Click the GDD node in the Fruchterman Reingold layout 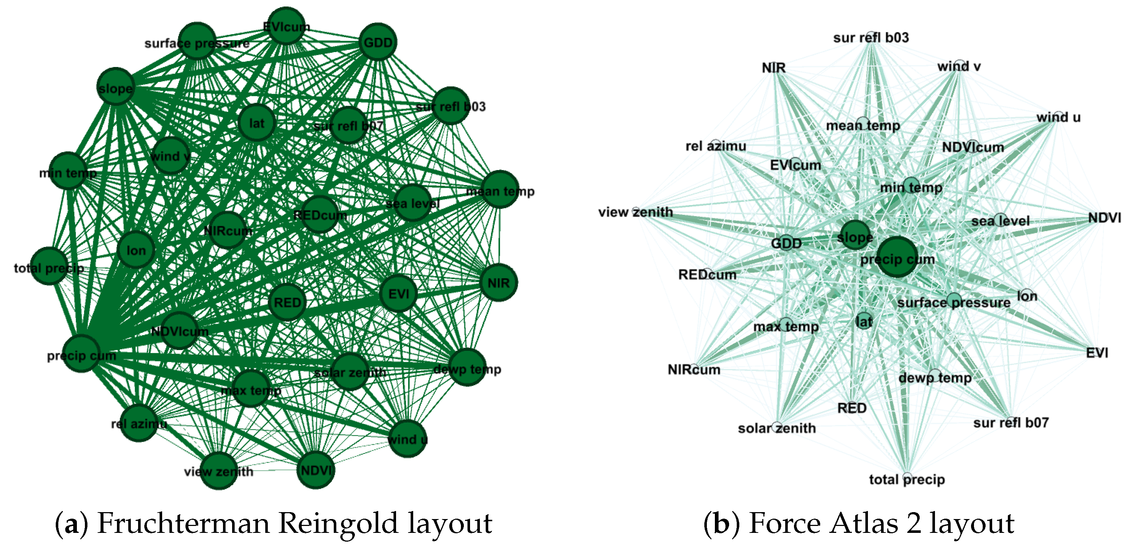tap(377, 42)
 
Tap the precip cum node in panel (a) tap(82, 354)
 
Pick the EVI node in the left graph tap(399, 294)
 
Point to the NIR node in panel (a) tap(498, 283)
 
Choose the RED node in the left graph tap(287, 302)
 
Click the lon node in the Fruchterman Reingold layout tap(136, 250)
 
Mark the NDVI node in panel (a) tap(316, 470)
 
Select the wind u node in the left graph tap(407, 439)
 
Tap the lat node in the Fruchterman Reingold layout tap(257, 123)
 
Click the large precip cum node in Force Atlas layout tap(897, 258)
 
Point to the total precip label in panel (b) tap(907, 479)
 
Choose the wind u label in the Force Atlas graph tap(1058, 118)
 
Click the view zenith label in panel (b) tap(635, 212)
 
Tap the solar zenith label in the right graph tap(777, 428)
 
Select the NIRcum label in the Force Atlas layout tap(694, 370)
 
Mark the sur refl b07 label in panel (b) tap(1011, 423)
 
